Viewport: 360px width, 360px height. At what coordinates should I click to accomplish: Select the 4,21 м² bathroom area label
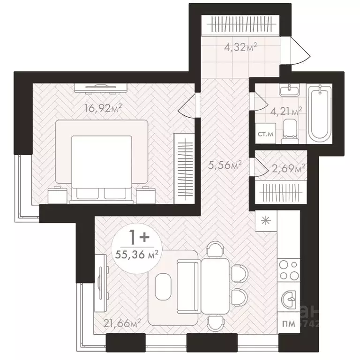pyautogui.click(x=289, y=111)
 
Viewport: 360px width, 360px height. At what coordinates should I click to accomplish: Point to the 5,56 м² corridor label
pyautogui.click(x=225, y=165)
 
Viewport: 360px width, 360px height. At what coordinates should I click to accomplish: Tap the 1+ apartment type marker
pyautogui.click(x=137, y=238)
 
